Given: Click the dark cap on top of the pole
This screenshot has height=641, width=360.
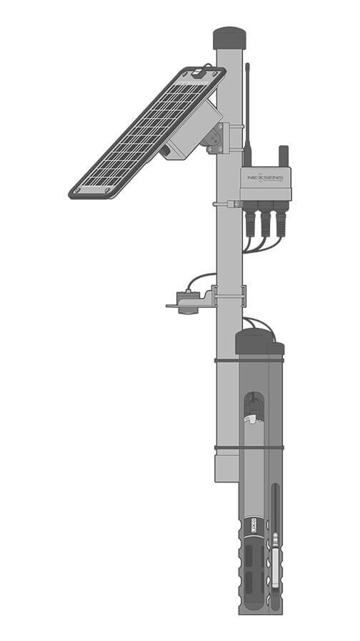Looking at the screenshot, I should click(x=229, y=38).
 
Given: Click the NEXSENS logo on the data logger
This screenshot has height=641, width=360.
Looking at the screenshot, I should click(x=264, y=176).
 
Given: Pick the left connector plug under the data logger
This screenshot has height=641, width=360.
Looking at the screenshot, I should click(x=251, y=220).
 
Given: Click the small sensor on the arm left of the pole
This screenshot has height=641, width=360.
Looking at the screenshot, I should click(x=187, y=302).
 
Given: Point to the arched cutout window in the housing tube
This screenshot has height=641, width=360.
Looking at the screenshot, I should click(x=254, y=407).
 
